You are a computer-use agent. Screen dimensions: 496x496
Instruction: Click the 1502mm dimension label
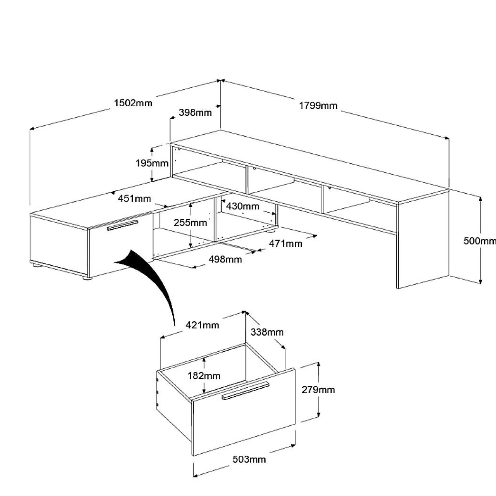point(133,103)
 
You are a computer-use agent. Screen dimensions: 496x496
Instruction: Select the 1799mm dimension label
point(318,106)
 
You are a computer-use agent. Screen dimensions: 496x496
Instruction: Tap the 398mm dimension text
point(195,112)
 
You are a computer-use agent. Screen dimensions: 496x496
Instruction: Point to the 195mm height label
point(152,163)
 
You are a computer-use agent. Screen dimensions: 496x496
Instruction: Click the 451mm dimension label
point(134,198)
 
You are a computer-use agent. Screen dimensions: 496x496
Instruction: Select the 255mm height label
point(190,222)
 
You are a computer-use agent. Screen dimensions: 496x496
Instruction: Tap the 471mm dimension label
point(285,243)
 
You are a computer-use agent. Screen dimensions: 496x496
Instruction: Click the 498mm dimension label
point(225,259)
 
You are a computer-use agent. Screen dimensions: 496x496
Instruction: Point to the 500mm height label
point(479,241)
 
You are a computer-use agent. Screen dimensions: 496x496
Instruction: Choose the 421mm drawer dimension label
point(202,325)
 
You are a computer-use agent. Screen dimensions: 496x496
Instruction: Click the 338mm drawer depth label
point(267,332)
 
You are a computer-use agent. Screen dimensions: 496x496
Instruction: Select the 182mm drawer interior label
point(204,375)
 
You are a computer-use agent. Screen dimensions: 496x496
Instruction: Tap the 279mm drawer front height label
point(318,390)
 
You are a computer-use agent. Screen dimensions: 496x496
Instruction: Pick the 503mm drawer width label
point(249,459)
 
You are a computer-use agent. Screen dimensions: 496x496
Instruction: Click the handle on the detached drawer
point(245,390)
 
